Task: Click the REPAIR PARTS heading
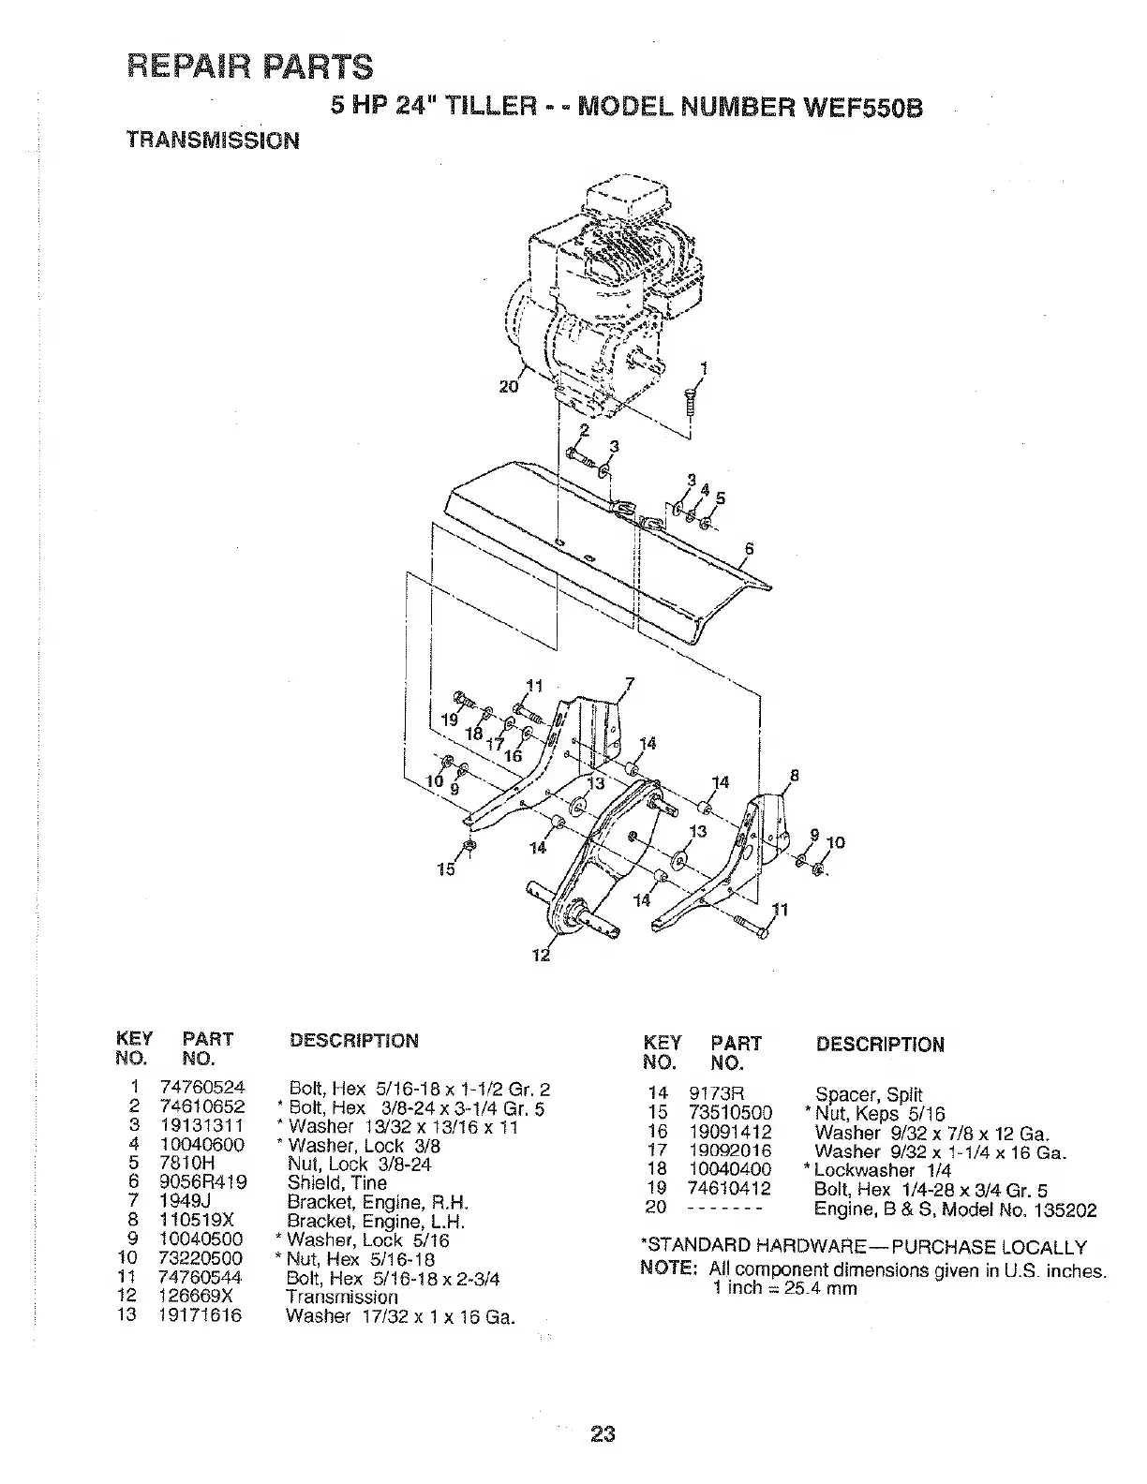click(x=249, y=67)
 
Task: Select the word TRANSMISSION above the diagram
click(x=213, y=141)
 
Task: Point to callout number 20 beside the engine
click(x=508, y=385)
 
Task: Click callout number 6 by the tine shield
click(x=749, y=549)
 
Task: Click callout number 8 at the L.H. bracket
click(x=796, y=775)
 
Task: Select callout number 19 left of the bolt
click(x=448, y=720)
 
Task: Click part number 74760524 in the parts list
click(x=202, y=1089)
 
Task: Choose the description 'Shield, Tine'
click(x=336, y=1183)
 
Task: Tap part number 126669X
click(x=197, y=1297)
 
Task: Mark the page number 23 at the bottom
click(x=603, y=1433)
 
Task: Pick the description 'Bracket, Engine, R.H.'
click(x=378, y=1202)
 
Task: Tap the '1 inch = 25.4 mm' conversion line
click(x=784, y=1287)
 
